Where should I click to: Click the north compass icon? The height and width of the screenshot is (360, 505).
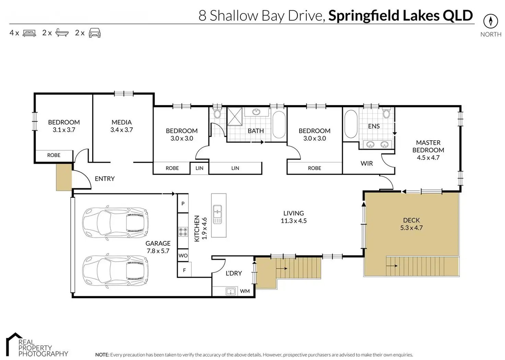[491, 21]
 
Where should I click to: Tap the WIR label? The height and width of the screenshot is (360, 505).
[367, 163]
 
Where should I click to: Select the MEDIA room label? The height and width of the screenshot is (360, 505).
[121, 122]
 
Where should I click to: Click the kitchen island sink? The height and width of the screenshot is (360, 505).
[217, 214]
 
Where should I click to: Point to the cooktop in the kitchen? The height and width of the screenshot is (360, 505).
[183, 231]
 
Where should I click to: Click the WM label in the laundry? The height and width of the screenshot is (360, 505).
[245, 291]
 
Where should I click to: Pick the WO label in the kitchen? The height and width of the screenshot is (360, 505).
[183, 255]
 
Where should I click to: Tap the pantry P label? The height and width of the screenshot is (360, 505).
[183, 204]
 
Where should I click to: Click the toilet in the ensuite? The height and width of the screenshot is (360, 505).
[386, 113]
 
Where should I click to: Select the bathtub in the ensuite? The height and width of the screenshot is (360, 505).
[351, 124]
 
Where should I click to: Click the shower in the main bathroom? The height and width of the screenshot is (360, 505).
[235, 116]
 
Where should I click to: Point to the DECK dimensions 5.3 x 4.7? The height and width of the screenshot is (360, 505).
[411, 228]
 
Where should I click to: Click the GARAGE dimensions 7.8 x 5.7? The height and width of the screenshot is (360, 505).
[158, 251]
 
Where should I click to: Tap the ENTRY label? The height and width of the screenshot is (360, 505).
[105, 179]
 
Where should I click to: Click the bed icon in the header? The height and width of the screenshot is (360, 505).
[29, 33]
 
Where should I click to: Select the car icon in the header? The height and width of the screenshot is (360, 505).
[95, 33]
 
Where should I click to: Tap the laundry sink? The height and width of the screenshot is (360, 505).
[231, 291]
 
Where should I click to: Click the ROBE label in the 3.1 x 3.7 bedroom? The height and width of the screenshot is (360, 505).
[54, 155]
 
